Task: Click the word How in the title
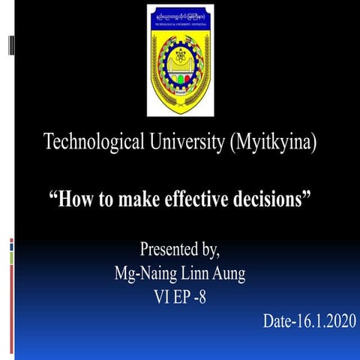(76, 200)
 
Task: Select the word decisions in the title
(271, 200)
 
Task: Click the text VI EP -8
(179, 298)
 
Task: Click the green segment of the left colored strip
(11, 258)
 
